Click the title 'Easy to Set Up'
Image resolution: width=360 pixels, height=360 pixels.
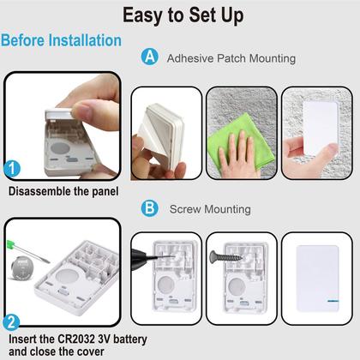point(182,15)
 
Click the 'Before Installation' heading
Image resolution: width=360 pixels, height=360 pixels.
point(61,40)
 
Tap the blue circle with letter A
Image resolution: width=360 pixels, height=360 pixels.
point(150,57)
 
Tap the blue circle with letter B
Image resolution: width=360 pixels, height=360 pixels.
point(150,207)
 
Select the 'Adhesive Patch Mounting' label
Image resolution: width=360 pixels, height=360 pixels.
point(231,58)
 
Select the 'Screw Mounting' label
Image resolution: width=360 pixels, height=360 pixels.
point(210,208)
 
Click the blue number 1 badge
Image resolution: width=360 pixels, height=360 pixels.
point(12,169)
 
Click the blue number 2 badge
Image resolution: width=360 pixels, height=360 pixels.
point(12,323)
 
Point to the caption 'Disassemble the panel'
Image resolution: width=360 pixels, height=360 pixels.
point(63,191)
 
